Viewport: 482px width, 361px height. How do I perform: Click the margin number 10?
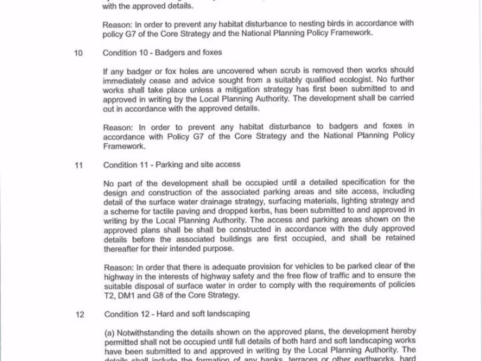(78, 53)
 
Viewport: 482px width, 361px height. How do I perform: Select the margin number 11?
(79, 165)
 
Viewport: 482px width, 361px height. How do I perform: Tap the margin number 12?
(80, 314)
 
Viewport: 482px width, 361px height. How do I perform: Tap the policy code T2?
(109, 295)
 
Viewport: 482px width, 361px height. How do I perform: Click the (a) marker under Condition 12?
(110, 332)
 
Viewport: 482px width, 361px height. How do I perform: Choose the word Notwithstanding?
(146, 332)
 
